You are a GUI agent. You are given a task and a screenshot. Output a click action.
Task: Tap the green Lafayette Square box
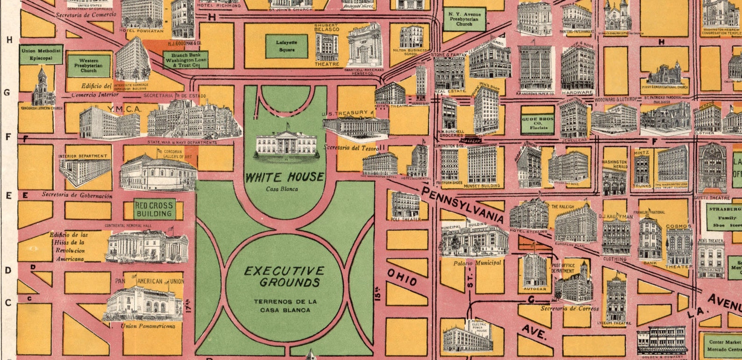point(286,46)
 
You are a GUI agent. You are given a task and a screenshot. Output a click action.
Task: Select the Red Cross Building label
point(154,209)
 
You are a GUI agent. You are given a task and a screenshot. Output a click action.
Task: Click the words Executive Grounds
point(285,276)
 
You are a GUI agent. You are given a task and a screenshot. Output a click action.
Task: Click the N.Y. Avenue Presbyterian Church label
point(464,19)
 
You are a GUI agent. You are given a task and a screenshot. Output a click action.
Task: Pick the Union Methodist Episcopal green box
point(41,55)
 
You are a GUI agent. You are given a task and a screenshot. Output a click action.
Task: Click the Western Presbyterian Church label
point(89,65)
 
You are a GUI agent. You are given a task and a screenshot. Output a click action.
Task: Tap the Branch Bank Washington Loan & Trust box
point(185,60)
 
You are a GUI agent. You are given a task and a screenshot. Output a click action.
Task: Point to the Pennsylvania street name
point(462,204)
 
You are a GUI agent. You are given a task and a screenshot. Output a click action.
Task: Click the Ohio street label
point(402,277)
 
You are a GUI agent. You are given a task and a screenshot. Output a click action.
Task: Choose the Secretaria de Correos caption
point(569,309)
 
